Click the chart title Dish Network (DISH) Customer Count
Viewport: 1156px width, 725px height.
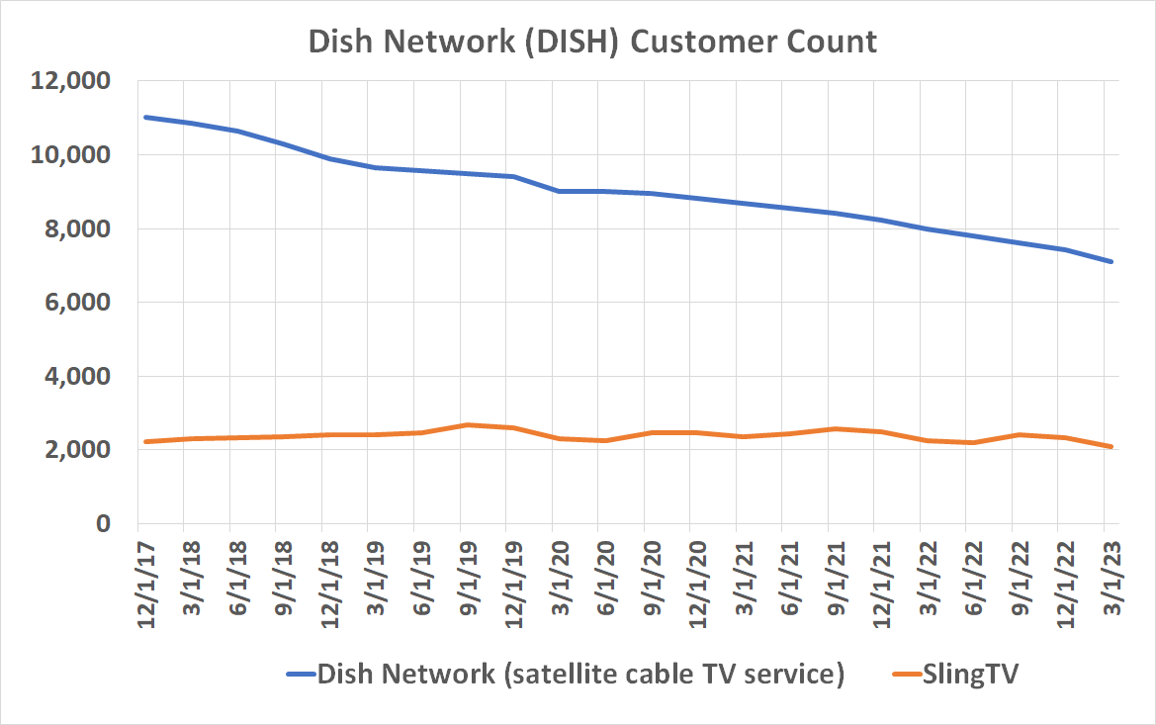tap(592, 42)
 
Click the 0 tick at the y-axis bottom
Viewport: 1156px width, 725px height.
tap(102, 523)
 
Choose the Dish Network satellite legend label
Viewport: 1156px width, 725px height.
tap(580, 676)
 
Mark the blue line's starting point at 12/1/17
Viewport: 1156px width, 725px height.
tap(144, 117)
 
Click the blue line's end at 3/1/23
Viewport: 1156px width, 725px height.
tap(1112, 261)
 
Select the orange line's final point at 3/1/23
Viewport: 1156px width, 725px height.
tap(1112, 447)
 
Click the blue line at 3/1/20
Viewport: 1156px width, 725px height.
tap(559, 191)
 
